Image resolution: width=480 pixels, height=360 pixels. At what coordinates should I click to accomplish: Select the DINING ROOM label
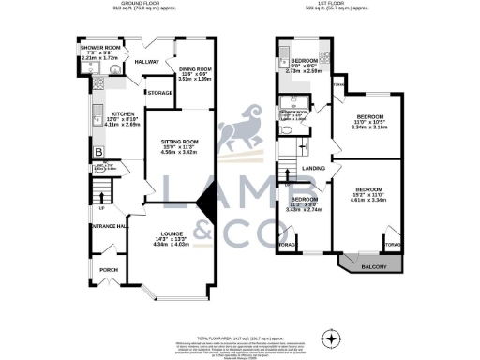coord(192,74)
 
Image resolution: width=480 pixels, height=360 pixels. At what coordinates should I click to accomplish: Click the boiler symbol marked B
coord(97,152)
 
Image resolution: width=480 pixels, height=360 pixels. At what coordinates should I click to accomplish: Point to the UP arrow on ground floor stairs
coord(99,207)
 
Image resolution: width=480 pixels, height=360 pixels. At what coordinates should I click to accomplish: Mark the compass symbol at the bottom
coord(328,336)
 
